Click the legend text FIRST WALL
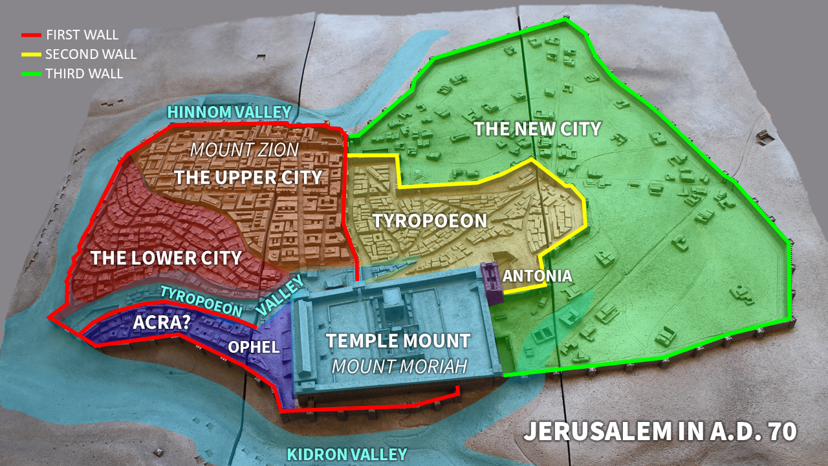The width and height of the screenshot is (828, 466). click(82, 35)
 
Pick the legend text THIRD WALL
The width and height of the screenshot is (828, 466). click(84, 74)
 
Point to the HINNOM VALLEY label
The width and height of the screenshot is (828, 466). click(230, 112)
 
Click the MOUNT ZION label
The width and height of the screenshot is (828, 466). click(245, 150)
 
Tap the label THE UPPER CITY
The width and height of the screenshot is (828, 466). click(248, 177)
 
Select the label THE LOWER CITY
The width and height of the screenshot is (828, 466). click(166, 258)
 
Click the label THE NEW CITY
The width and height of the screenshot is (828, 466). click(538, 129)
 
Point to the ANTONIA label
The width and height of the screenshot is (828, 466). click(537, 276)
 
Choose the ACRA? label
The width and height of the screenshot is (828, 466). click(161, 322)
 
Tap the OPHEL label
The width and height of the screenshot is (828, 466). click(254, 347)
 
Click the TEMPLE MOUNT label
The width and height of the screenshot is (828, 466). click(398, 340)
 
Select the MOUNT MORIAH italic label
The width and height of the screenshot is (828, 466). click(399, 367)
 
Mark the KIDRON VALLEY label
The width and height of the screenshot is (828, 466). click(347, 454)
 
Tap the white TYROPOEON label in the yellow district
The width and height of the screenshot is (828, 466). click(430, 221)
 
